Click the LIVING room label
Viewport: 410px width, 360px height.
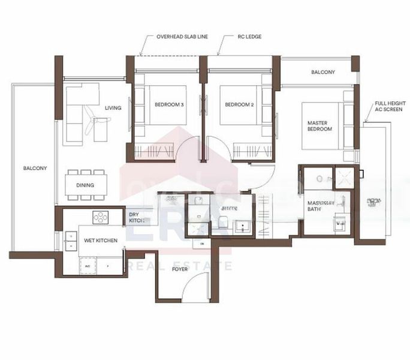(x=113, y=108)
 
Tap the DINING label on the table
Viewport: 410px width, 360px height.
(x=85, y=185)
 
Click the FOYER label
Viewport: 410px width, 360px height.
(x=179, y=269)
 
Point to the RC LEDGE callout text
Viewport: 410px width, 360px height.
(x=248, y=37)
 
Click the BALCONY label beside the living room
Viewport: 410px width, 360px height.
(x=35, y=169)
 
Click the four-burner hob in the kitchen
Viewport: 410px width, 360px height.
(x=100, y=216)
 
